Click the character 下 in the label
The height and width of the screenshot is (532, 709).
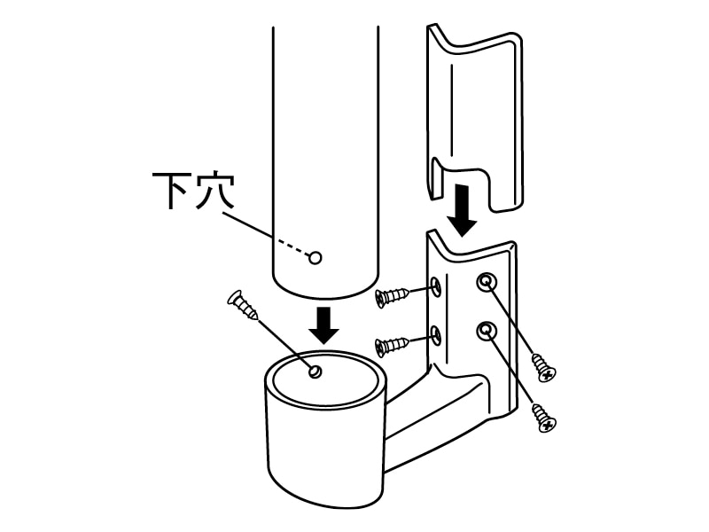point(169,191)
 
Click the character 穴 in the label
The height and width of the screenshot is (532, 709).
point(215,191)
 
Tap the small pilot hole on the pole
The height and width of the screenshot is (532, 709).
point(316,258)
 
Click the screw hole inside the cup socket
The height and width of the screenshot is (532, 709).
point(316,372)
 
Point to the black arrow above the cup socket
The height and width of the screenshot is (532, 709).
point(323,325)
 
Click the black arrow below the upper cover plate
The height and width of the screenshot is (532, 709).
point(462,210)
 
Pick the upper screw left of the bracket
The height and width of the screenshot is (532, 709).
point(393,296)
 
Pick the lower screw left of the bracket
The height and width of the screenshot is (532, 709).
point(393,345)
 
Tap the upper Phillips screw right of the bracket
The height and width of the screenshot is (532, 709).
point(544,367)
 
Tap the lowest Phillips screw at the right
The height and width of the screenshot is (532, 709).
point(544,418)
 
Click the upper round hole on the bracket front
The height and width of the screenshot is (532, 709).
point(486,282)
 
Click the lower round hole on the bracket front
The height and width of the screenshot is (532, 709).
point(486,331)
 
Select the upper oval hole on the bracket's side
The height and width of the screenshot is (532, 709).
point(436,286)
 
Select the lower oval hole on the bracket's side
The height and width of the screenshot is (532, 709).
point(436,335)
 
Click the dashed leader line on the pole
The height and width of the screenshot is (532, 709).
point(293,249)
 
